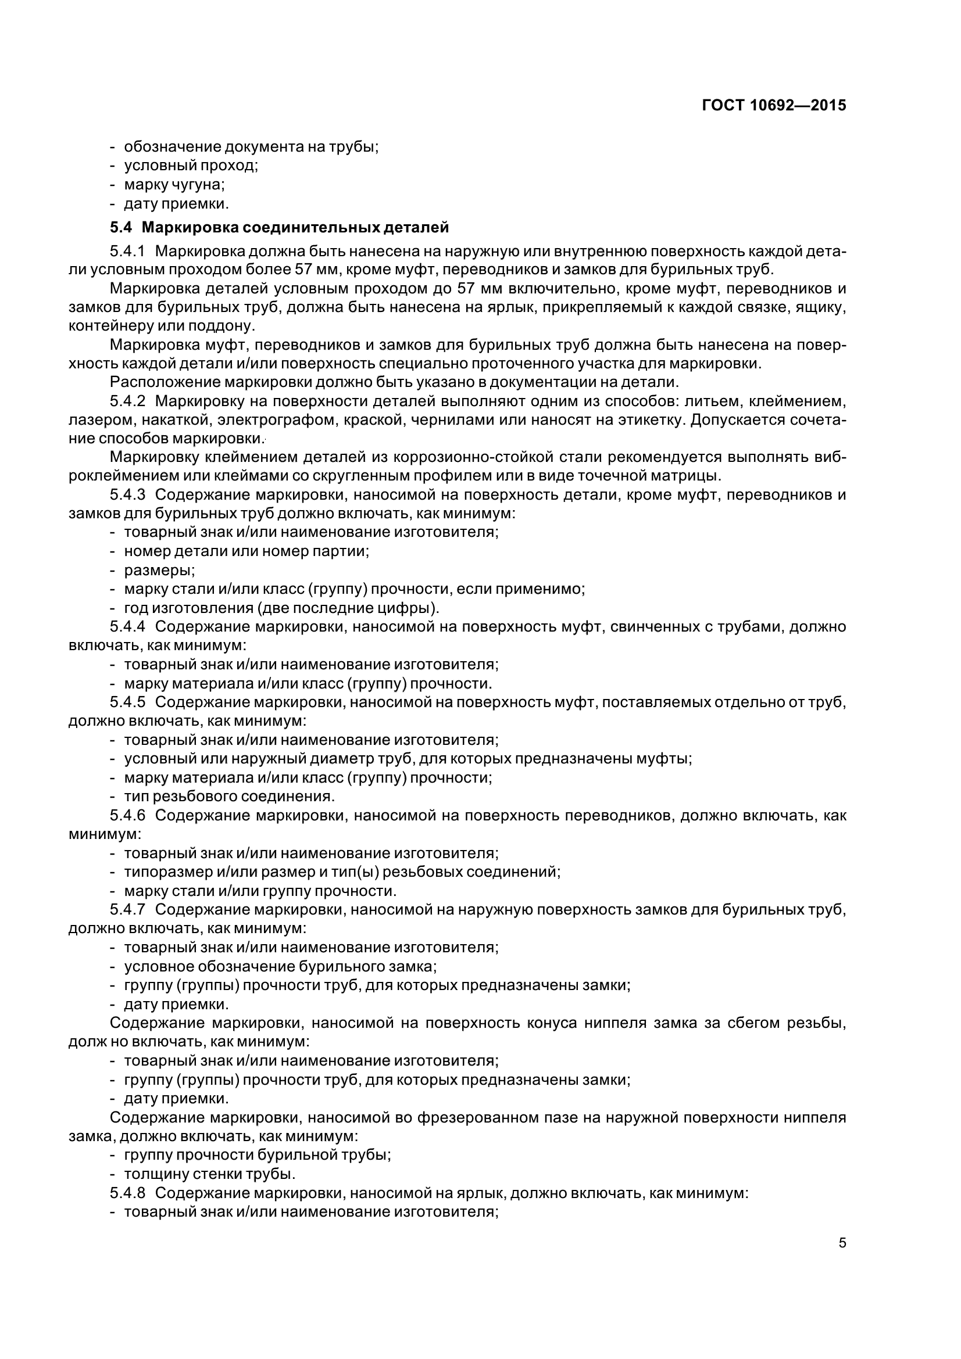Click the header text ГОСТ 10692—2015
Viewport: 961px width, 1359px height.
point(774,106)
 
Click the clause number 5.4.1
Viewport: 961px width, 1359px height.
point(127,251)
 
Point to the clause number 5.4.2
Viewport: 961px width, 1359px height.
point(127,401)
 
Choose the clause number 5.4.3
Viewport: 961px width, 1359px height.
point(127,495)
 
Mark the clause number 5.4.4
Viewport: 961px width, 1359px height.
point(127,627)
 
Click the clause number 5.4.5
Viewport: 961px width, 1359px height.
point(127,702)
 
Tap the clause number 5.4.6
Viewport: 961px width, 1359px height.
point(127,816)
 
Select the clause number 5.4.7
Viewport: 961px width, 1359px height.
point(127,910)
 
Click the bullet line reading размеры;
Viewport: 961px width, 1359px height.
point(159,571)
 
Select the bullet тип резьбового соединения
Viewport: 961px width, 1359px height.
point(229,797)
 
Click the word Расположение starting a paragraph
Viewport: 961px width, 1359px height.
point(156,382)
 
